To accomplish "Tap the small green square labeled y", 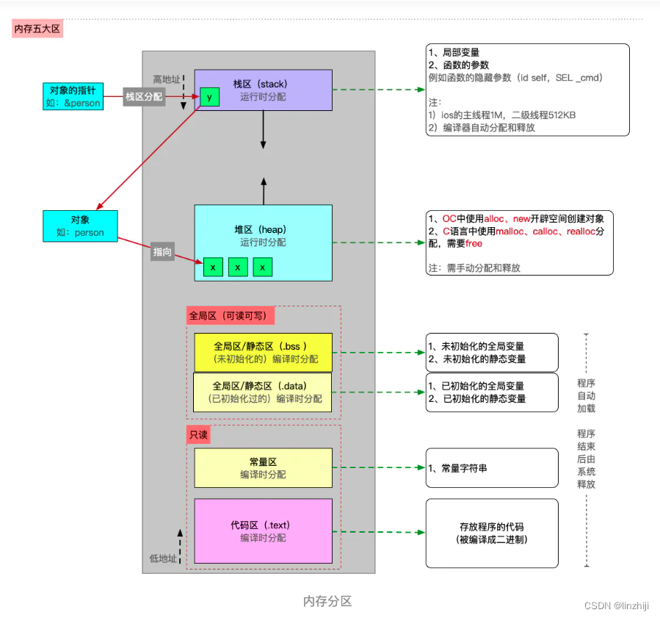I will pos(209,96).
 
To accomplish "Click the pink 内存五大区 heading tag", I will pos(37,29).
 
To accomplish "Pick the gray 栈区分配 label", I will pos(143,96).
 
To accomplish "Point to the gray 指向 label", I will pos(162,251).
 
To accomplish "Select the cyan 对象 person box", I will pos(80,226).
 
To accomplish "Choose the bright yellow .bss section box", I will pos(263,352).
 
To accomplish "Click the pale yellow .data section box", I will pos(262,392).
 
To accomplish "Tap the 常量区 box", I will pos(263,468).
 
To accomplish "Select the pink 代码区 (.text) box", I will pos(263,531).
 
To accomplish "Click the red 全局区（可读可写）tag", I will pos(231,316).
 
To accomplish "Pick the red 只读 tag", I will pos(198,435).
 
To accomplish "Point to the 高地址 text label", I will pos(166,79).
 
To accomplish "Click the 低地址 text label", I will pos(163,558).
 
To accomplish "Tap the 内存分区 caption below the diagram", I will pos(327,600).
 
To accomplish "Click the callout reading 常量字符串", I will pos(492,468).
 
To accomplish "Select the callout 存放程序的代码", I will pos(492,533).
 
